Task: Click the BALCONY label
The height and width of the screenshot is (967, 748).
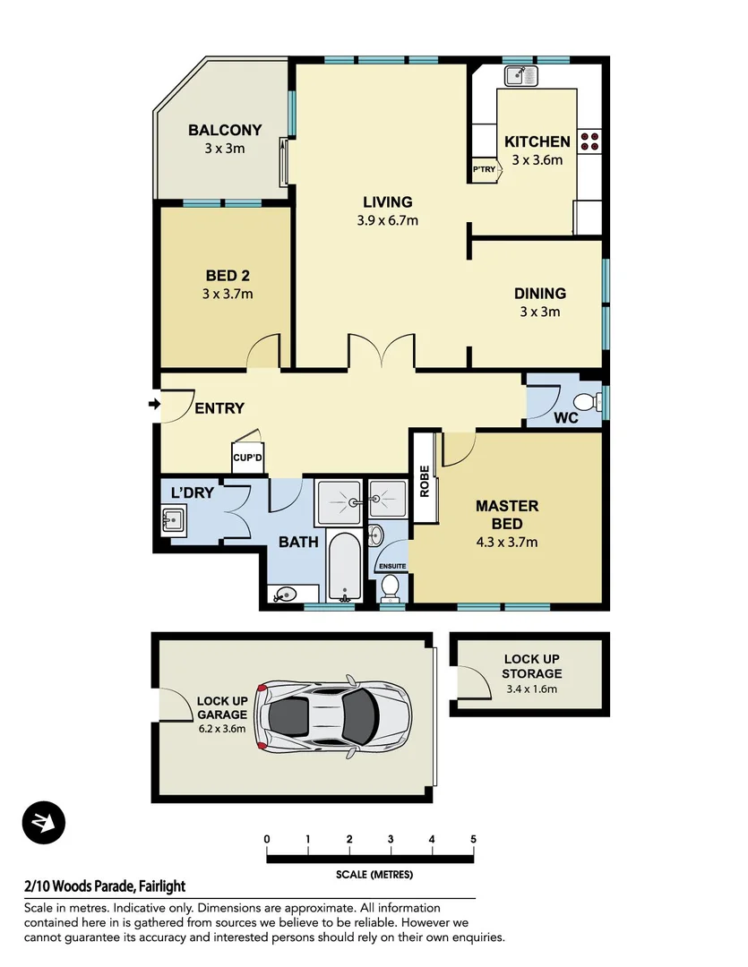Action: point(224,130)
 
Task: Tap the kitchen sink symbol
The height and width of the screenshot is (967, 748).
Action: point(520,76)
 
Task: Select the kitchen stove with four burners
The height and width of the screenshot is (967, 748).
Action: point(590,141)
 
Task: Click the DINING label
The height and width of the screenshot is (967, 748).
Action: point(539,294)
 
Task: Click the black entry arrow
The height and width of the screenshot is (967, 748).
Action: point(153,406)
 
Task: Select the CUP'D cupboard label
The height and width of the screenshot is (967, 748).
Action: point(247,458)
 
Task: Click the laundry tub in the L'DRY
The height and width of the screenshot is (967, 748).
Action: point(174,518)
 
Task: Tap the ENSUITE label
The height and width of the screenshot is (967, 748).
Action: point(392,566)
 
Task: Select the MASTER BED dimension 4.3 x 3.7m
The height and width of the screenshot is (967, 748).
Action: point(506,542)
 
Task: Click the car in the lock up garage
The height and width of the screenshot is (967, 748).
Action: point(333,715)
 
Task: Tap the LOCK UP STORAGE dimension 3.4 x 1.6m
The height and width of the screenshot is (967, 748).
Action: point(532,689)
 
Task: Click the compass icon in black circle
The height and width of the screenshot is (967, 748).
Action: point(43,822)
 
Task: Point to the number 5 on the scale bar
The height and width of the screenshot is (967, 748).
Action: point(473,839)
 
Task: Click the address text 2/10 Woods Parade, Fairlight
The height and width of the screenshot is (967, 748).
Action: point(105,886)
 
